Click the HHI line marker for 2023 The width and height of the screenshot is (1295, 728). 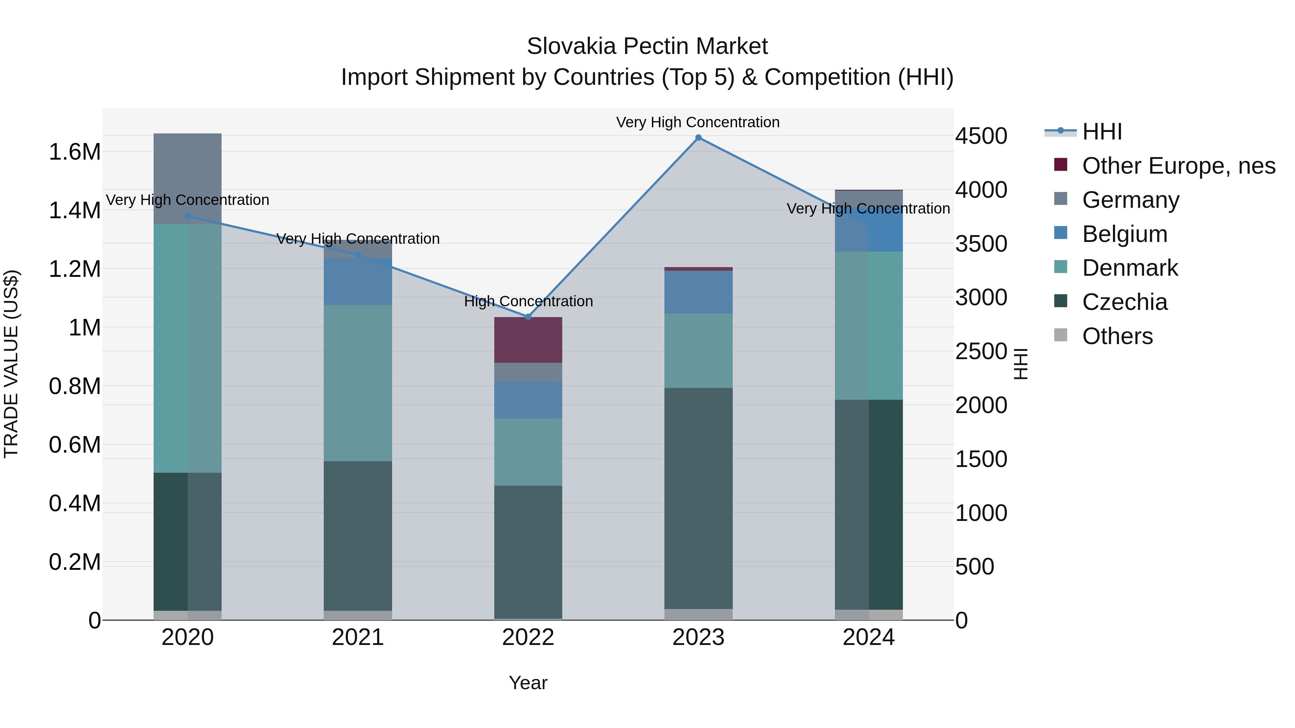pyautogui.click(x=698, y=138)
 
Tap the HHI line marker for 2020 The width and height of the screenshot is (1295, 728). pyautogui.click(x=187, y=216)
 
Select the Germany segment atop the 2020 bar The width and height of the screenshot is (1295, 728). pyautogui.click(x=187, y=178)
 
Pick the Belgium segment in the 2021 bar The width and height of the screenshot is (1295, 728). pyautogui.click(x=358, y=282)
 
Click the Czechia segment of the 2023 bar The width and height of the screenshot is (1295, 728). pyautogui.click(x=698, y=498)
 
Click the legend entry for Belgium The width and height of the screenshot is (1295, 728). pyautogui.click(x=1124, y=234)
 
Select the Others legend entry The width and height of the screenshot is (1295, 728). pyautogui.click(x=1117, y=336)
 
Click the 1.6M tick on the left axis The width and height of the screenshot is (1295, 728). pyautogui.click(x=74, y=152)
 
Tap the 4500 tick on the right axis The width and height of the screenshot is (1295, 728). pyautogui.click(x=981, y=136)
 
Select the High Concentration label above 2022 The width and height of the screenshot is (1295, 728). pyautogui.click(x=528, y=302)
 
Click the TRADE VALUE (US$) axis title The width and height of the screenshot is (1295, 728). pyautogui.click(x=11, y=364)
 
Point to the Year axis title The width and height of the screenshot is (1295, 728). pyautogui.click(x=528, y=683)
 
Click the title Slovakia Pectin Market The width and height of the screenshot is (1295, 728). pyautogui.click(x=647, y=46)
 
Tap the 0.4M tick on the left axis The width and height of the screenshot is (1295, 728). pyautogui.click(x=74, y=503)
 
